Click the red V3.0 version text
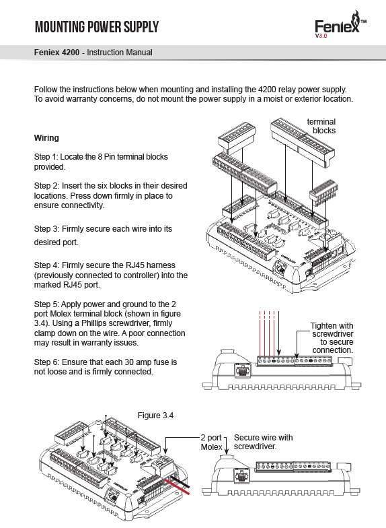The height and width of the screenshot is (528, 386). click(321, 35)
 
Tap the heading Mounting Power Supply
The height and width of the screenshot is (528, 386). click(97, 27)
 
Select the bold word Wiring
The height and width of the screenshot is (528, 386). click(46, 137)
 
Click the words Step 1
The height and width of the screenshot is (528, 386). click(46, 156)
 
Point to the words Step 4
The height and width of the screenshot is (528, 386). click(46, 265)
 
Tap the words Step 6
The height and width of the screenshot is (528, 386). click(46, 362)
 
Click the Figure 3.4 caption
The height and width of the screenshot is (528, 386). click(155, 415)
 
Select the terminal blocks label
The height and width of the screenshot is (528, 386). click(322, 126)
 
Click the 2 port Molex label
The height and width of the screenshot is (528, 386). click(211, 442)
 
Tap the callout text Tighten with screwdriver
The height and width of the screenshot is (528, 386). click(332, 338)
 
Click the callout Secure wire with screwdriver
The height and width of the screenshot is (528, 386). click(264, 442)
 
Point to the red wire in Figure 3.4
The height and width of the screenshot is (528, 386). click(178, 487)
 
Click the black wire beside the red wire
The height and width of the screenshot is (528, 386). click(181, 482)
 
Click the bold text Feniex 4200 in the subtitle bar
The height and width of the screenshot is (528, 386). click(56, 53)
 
